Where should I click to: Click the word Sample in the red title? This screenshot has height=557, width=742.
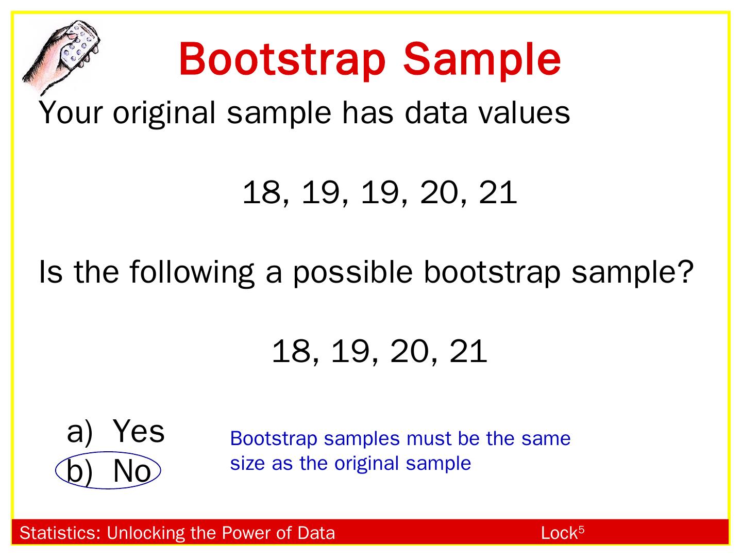482,59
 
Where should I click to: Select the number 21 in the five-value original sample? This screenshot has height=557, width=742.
498,192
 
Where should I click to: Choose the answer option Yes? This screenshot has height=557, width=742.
138,431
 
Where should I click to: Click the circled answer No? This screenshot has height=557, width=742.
131,471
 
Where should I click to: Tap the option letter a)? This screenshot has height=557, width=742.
79,432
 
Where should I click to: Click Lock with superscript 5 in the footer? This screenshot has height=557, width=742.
562,533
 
